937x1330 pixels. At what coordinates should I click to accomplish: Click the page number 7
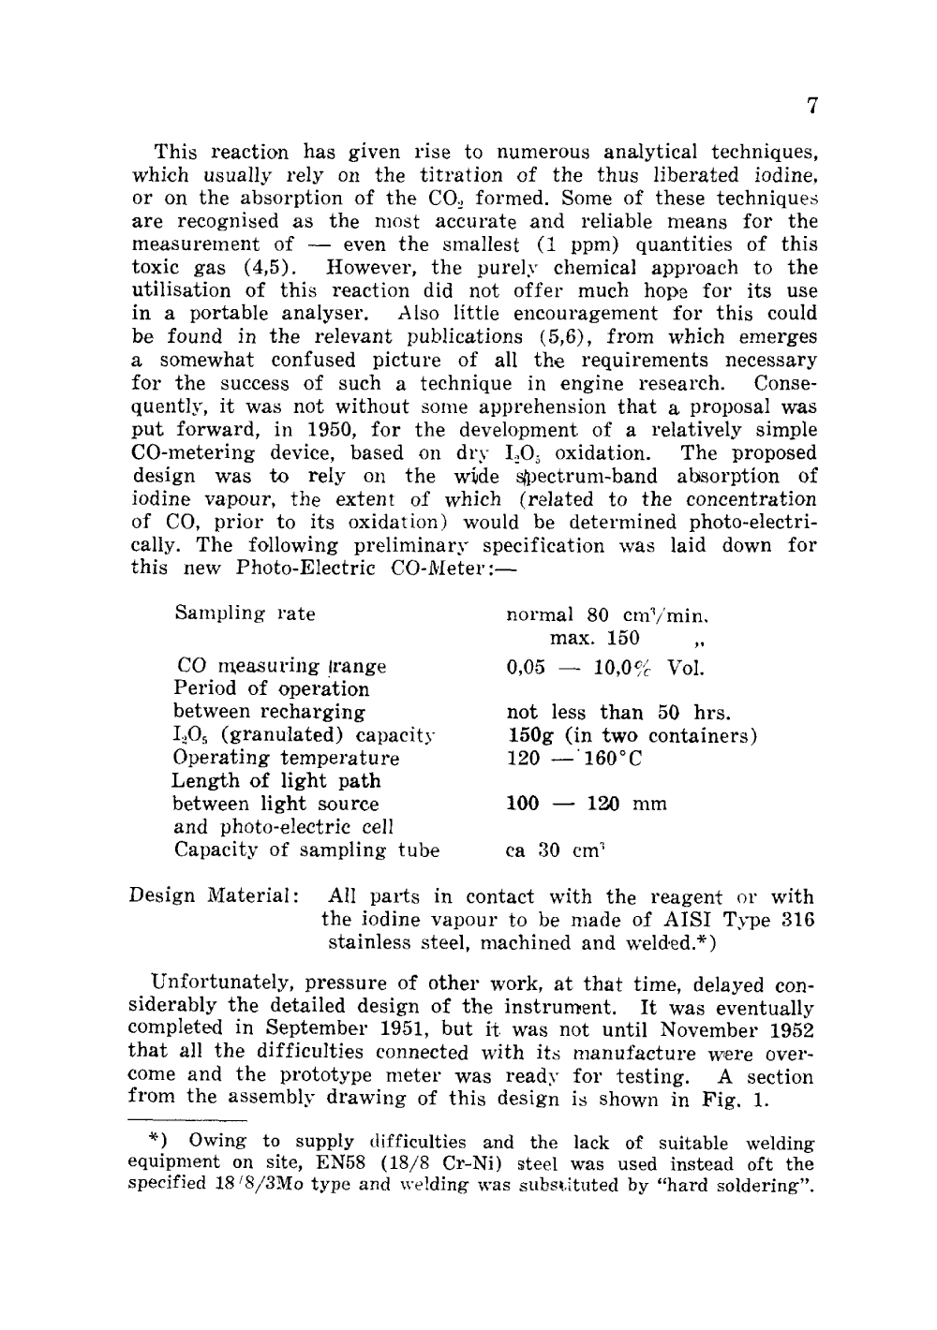(x=812, y=106)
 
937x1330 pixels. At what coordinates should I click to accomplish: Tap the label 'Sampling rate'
(x=245, y=613)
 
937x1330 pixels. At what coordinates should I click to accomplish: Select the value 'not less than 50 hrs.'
(x=617, y=712)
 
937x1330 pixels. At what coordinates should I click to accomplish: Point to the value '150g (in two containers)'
(x=632, y=735)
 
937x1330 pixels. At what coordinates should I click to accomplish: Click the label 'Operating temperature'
(x=286, y=758)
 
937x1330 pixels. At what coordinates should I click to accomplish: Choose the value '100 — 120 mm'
(x=586, y=804)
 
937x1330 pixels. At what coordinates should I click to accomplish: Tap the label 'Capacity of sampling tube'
(x=306, y=850)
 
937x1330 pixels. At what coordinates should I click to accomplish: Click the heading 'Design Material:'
(x=214, y=897)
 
